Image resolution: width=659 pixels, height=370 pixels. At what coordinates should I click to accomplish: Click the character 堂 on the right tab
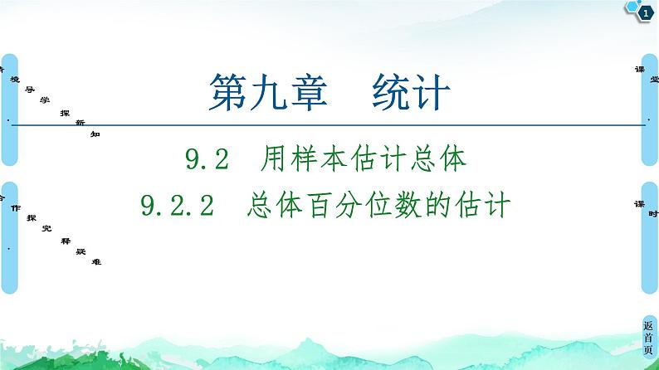point(653,80)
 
